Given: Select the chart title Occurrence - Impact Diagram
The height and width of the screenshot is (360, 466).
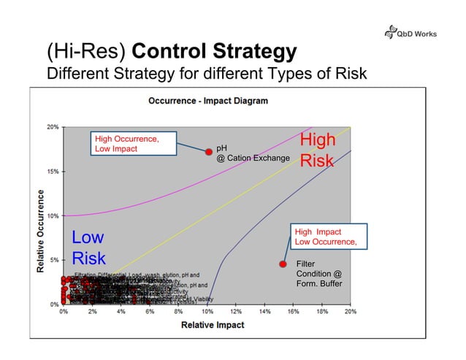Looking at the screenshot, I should (x=208, y=100).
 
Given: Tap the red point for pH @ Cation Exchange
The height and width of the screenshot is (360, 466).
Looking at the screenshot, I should (x=208, y=151).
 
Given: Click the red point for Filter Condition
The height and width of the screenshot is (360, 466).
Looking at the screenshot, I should (x=282, y=264).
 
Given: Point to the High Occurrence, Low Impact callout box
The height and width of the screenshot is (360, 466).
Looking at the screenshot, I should (x=133, y=143).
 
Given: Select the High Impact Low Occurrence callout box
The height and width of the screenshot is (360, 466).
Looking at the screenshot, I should (x=326, y=237).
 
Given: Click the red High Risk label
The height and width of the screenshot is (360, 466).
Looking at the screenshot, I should (x=318, y=150).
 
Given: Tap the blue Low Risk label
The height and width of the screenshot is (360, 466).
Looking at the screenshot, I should (x=88, y=248).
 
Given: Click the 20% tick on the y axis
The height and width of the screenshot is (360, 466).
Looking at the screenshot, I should (x=53, y=126).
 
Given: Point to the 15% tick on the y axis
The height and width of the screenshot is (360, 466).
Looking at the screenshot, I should (x=53, y=172).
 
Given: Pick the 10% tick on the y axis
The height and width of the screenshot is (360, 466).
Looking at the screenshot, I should (x=53, y=216).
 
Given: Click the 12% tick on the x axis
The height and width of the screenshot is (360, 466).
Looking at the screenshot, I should (x=236, y=312).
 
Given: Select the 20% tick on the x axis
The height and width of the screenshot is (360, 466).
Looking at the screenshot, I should (x=351, y=312).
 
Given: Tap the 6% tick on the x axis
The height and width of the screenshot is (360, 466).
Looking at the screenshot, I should (x=150, y=312).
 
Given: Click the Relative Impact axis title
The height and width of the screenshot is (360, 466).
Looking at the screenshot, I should (x=207, y=324).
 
